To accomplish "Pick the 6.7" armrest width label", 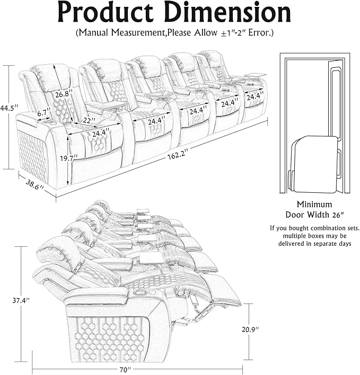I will pyautogui.click(x=43, y=112).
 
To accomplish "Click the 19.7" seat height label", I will pyautogui.click(x=68, y=157).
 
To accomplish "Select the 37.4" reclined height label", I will pyautogui.click(x=21, y=300).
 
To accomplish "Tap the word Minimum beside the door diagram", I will pyautogui.click(x=314, y=204).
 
